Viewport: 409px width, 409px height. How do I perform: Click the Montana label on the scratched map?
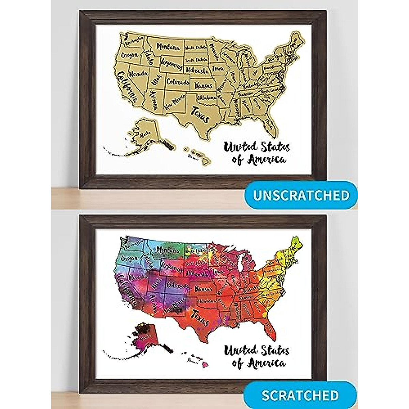click(x=168, y=251)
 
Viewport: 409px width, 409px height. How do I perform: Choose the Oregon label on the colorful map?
click(x=130, y=259)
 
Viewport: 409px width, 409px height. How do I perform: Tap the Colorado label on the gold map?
click(x=177, y=82)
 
